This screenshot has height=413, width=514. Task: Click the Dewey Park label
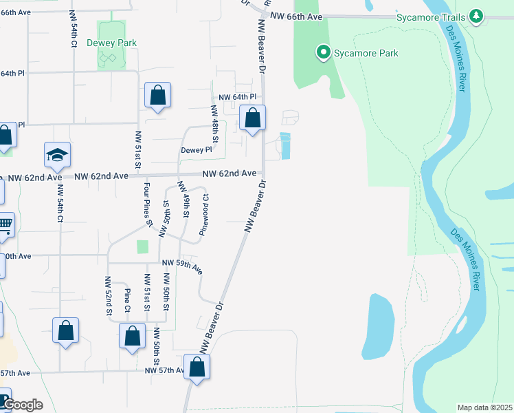(111, 43)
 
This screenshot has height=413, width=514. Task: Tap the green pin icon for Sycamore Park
(322, 52)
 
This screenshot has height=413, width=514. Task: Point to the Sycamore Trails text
(432, 17)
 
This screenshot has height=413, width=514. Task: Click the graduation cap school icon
(58, 155)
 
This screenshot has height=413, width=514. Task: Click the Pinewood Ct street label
(204, 214)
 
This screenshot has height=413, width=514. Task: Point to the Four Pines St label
(148, 204)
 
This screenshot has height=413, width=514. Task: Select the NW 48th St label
(214, 125)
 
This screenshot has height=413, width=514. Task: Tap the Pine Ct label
(127, 299)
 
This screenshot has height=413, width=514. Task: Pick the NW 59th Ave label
(183, 265)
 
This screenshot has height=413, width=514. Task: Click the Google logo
(22, 405)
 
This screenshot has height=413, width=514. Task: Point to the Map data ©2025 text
(485, 407)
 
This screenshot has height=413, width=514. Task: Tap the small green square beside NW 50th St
(142, 246)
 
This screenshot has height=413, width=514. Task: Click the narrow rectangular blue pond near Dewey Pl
(286, 145)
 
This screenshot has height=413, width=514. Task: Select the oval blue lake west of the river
(379, 326)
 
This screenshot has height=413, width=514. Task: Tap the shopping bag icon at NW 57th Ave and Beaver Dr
(197, 366)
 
